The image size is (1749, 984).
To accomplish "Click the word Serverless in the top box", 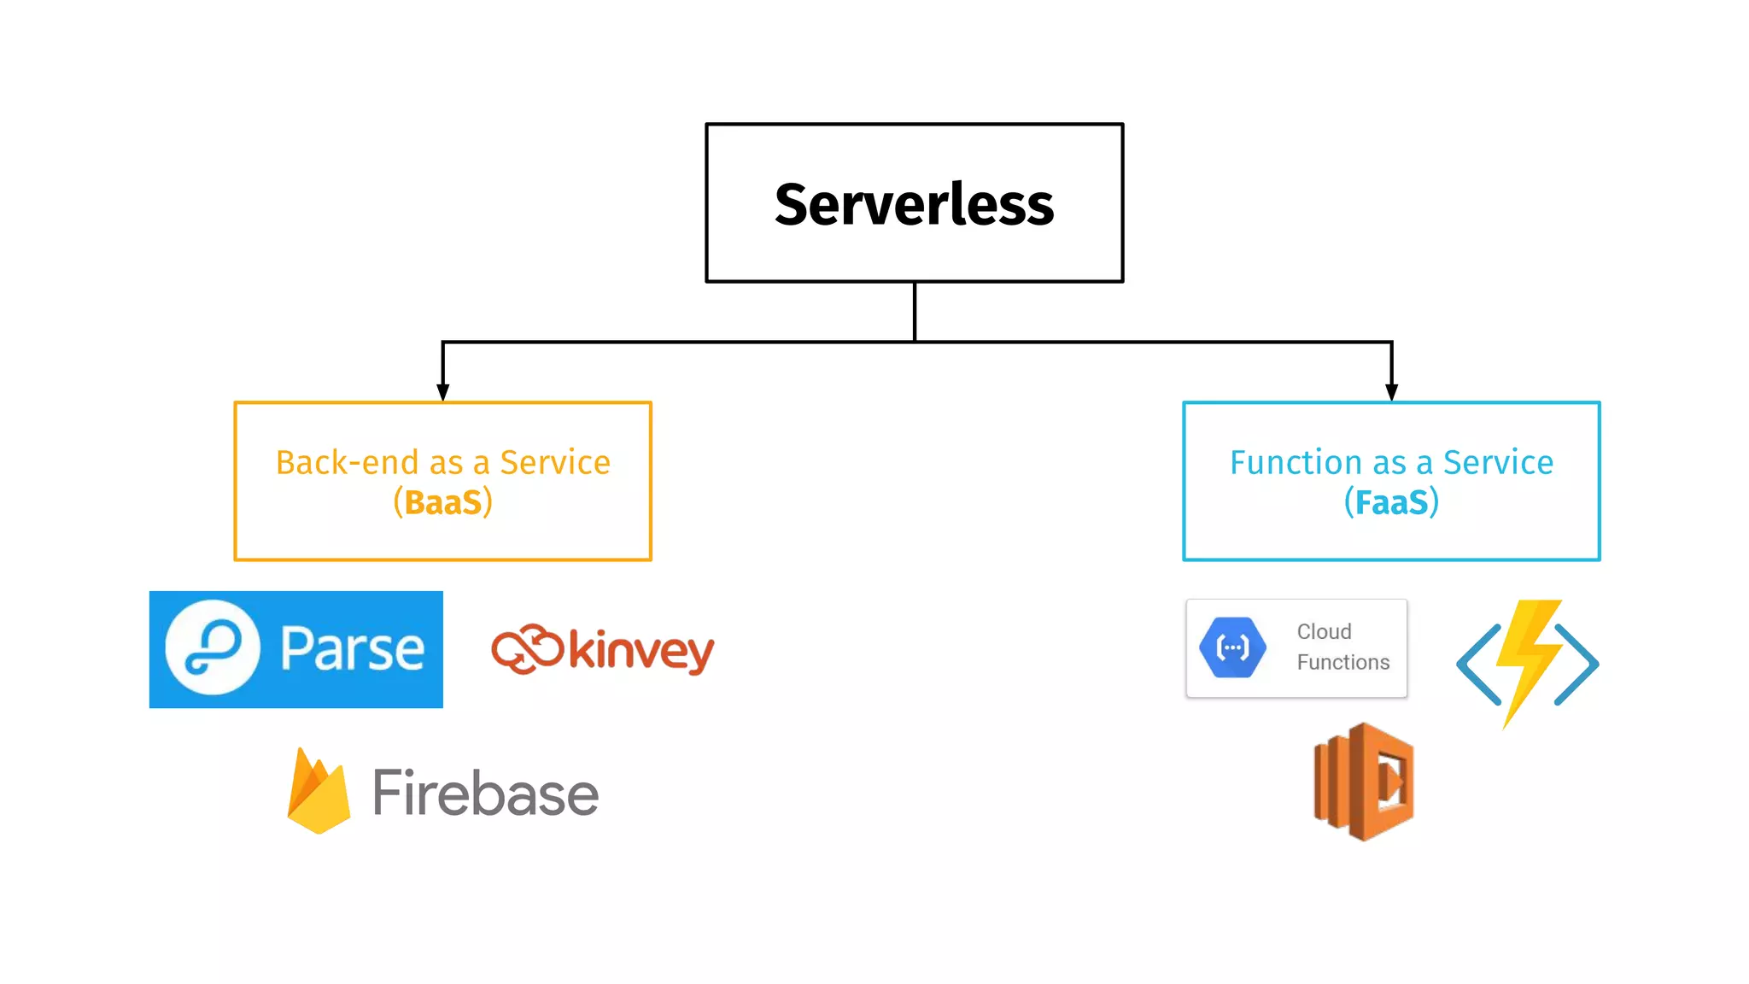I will (914, 205).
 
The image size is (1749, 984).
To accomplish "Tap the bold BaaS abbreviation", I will (442, 503).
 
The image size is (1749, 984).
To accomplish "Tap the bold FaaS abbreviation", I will (1391, 503).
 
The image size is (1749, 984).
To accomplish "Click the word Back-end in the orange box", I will (348, 463).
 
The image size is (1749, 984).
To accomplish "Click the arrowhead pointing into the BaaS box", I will (442, 391).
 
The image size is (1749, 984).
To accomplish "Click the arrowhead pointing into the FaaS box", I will (1391, 391).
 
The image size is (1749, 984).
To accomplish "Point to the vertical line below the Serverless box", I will (915, 312).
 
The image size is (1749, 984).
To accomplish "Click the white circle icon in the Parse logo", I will (213, 647).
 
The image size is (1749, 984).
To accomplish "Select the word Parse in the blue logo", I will (352, 649).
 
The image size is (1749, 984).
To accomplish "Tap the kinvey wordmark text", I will (641, 651).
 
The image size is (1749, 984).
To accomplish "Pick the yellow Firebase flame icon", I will (319, 793).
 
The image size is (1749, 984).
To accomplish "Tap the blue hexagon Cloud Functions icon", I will (1232, 648).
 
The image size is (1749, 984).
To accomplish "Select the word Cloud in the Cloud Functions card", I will (1324, 631).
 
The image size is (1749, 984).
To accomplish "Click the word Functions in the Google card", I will (1342, 662).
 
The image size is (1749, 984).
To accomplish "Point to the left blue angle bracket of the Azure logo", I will (1478, 665).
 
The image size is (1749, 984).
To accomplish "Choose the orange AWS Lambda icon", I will (1364, 782).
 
